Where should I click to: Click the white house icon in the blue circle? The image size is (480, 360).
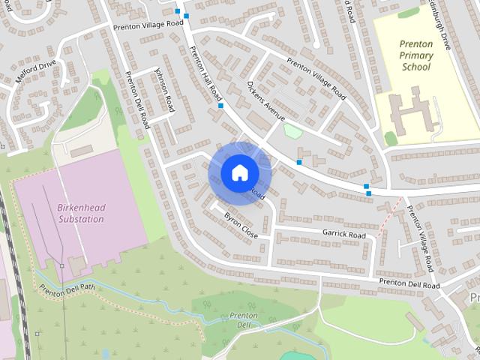[238, 172]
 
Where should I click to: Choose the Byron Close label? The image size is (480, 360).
[241, 226]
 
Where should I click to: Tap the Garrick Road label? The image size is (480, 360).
[343, 235]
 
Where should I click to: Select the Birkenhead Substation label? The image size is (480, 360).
[80, 213]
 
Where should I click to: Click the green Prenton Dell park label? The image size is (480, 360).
[244, 319]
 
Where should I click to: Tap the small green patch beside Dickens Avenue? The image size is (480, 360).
[292, 131]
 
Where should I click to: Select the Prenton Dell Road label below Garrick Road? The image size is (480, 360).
[409, 284]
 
